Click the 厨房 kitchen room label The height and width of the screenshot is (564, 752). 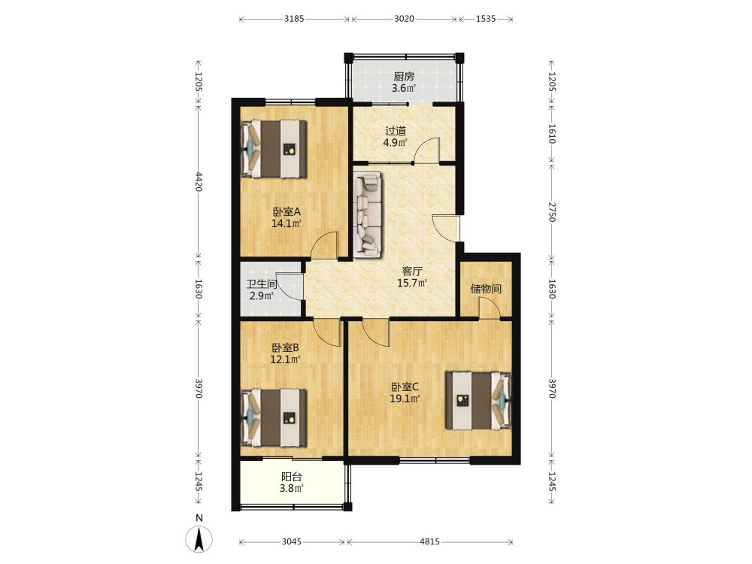[x=403, y=76]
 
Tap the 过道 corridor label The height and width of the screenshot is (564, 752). [x=396, y=130]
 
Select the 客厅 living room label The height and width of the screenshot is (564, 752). [x=412, y=271]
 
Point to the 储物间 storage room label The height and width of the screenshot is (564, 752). [x=486, y=288]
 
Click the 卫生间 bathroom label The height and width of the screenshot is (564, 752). [x=262, y=284]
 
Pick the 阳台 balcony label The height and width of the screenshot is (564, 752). [x=292, y=477]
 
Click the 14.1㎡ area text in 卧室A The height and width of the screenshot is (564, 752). [x=287, y=223]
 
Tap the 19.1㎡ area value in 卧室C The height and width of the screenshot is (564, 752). [x=405, y=399]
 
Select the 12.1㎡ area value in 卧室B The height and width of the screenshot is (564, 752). [x=285, y=359]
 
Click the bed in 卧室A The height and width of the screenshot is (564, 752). [x=274, y=149]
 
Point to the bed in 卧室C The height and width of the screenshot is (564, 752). [x=478, y=401]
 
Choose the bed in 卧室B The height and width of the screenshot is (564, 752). [x=274, y=417]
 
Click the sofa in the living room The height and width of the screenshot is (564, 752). [x=368, y=214]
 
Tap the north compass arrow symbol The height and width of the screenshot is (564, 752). [x=199, y=539]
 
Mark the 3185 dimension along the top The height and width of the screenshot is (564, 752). [x=294, y=19]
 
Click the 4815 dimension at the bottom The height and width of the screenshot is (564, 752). [x=429, y=541]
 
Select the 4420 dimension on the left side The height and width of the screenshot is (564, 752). [x=199, y=182]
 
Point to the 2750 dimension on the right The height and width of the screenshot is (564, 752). [x=551, y=212]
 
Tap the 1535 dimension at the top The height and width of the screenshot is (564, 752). [x=486, y=19]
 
